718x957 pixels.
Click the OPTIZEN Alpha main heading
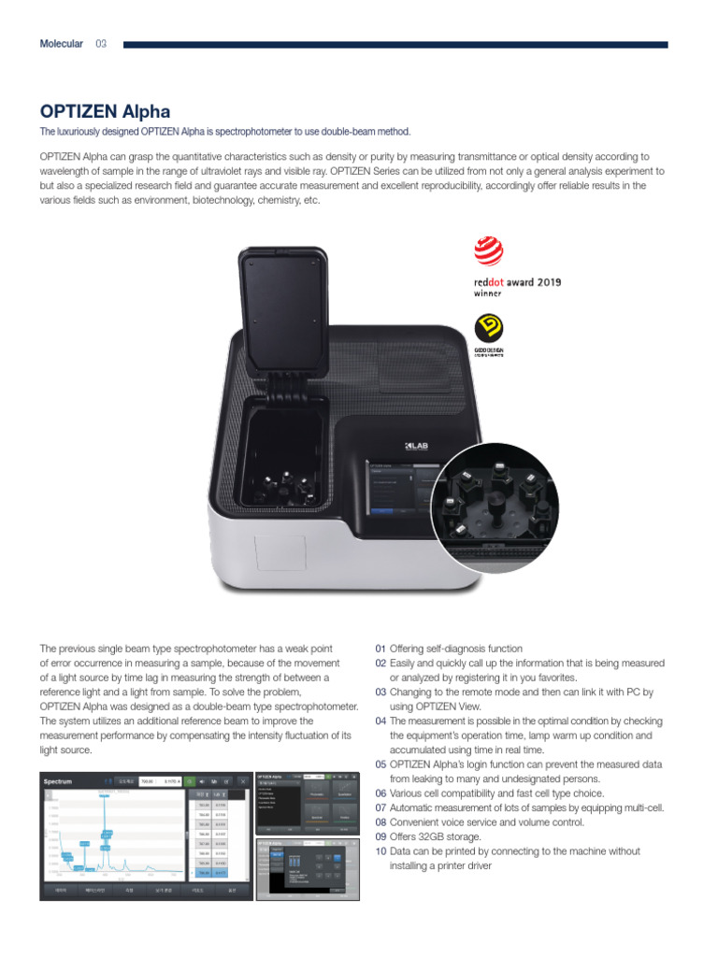[x=105, y=113]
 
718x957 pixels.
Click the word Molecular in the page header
[x=61, y=44]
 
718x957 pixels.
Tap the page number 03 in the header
[x=101, y=44]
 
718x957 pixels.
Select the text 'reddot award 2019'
[x=517, y=281]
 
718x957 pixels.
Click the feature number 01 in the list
[x=381, y=649]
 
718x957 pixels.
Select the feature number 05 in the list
[x=381, y=764]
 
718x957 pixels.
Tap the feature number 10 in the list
[x=381, y=851]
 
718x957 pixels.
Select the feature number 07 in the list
[x=381, y=807]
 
